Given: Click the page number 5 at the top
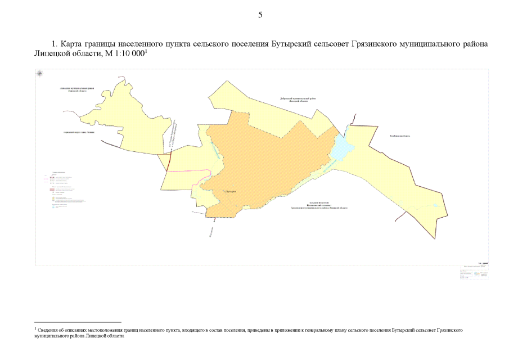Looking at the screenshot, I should coord(260,15).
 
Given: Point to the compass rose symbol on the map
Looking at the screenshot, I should coord(40,74).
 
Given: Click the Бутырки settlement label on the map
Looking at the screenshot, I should coord(231,191).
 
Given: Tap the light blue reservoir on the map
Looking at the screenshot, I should coord(341,150).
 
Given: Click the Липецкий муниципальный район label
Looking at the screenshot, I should coord(76,90).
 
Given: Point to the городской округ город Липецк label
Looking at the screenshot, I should coord(79,132).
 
